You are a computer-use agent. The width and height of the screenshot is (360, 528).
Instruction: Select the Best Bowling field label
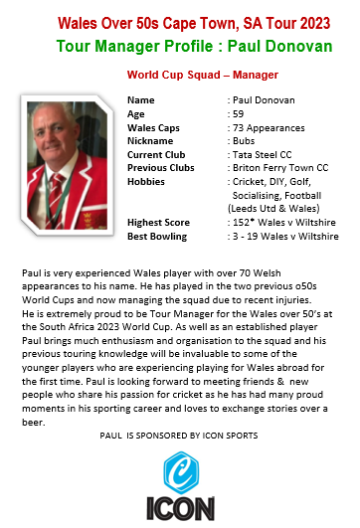tap(157, 239)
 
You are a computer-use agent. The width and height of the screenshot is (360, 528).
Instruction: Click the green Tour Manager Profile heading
tap(180, 45)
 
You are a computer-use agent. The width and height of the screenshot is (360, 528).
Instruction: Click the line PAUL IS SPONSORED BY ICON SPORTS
tap(179, 436)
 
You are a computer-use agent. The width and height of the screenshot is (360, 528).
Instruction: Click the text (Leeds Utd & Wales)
tap(275, 211)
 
